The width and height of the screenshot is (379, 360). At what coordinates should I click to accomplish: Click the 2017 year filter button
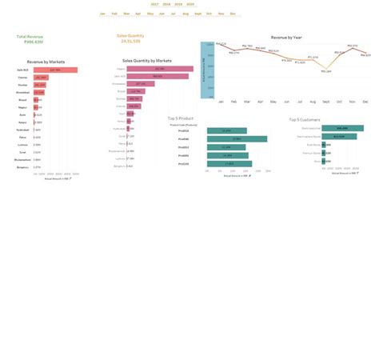coord(154,4)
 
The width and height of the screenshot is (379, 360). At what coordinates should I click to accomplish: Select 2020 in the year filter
coord(190,4)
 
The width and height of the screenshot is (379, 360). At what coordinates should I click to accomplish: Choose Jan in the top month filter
coord(103,14)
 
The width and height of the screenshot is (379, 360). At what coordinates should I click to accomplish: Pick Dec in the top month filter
coord(233,14)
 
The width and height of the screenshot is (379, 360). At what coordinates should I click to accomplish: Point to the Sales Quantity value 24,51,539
coord(131,41)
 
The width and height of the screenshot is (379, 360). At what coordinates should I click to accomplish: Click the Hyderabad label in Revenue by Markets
coord(23,130)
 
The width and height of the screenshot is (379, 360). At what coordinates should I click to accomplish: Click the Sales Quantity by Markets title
coord(147,61)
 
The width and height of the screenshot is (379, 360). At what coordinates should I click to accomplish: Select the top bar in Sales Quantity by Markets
coord(159,69)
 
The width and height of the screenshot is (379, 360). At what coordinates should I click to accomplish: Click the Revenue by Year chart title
coord(286,38)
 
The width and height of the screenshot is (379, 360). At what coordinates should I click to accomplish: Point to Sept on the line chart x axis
coord(326,102)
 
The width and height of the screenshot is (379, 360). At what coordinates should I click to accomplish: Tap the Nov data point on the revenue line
coord(353,46)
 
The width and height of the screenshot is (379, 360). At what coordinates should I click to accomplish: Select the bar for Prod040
coord(237,139)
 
